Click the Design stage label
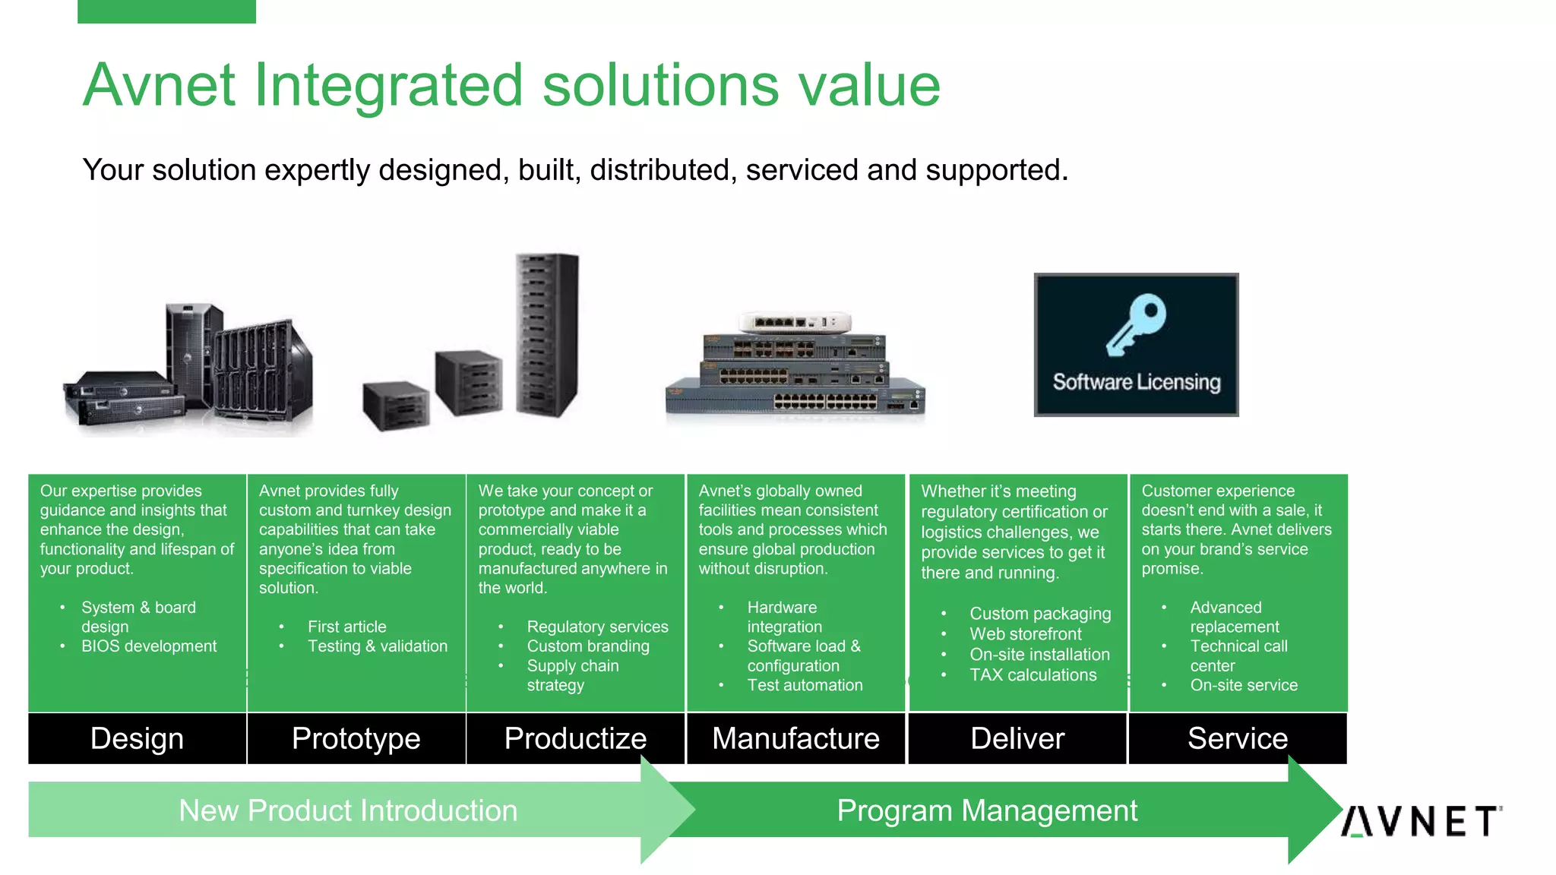pos(137,738)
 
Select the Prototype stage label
pos(356,738)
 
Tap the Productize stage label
pos(575,738)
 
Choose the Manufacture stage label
pos(795,738)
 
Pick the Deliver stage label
pos(1017,738)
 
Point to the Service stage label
pos(1238,738)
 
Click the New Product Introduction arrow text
pos(348,810)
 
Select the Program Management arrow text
pos(987,810)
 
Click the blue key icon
pos(1136,324)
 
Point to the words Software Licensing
pos(1136,381)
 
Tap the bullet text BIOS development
pos(149,646)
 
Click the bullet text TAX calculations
pos(1033,675)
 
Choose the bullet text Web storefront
pos(1025,634)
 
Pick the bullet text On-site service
pos(1244,685)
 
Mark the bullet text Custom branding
pos(588,646)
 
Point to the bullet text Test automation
pos(805,685)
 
